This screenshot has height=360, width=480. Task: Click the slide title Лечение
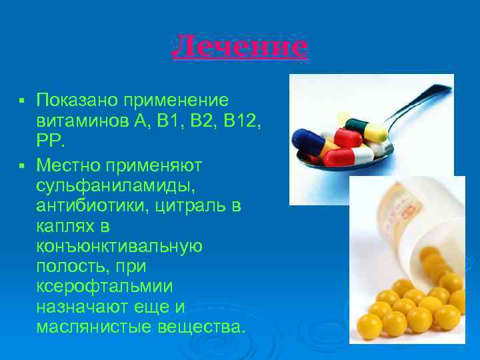pyautogui.click(x=240, y=47)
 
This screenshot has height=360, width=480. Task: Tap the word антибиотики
pyautogui.click(x=94, y=206)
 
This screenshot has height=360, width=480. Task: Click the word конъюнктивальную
pyautogui.click(x=119, y=247)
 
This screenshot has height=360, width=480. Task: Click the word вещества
pyautogui.click(x=203, y=328)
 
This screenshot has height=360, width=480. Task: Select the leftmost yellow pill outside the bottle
pyautogui.click(x=369, y=325)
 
